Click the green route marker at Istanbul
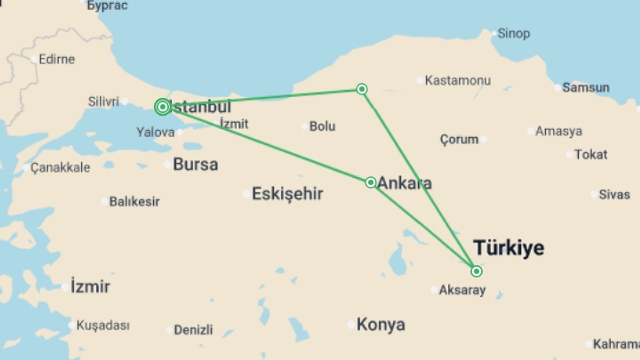point(163,107)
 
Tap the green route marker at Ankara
point(370,182)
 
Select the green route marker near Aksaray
point(476,271)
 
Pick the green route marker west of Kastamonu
point(362,89)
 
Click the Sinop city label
point(513,34)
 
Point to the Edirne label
point(57,59)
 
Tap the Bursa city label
point(195,164)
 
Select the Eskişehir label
point(287,194)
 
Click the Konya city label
point(381,324)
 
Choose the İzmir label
point(90,287)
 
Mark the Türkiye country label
point(509,248)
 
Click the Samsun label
point(586,88)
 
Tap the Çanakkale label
point(60,167)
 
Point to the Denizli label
point(193,330)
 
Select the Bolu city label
point(322,126)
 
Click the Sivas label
point(614,195)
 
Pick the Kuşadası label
point(103,325)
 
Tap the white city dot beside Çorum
point(484,139)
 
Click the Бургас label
point(107,5)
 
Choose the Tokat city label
point(591,155)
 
